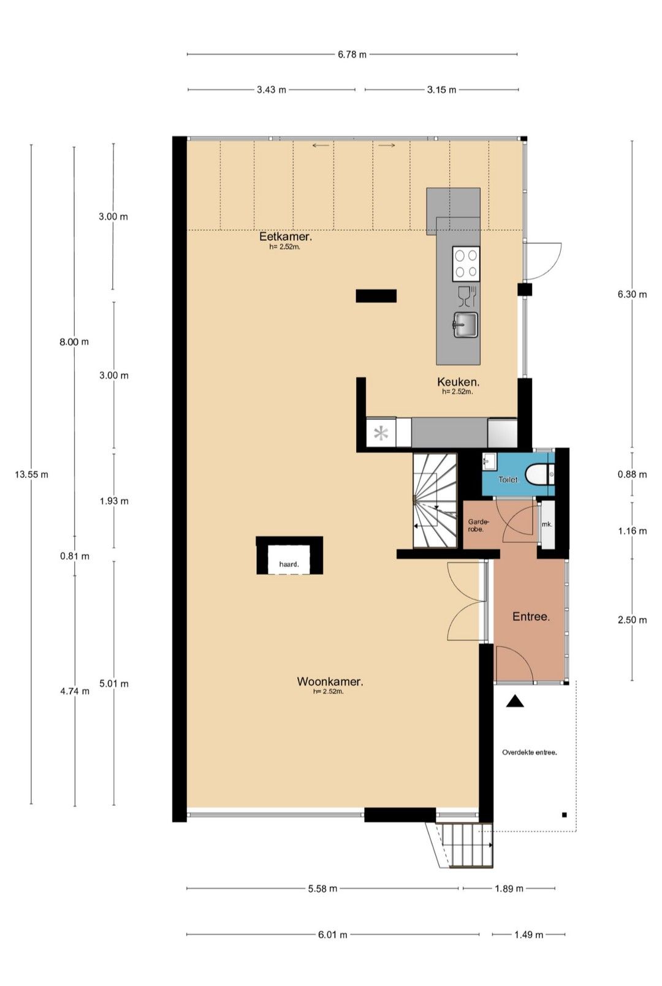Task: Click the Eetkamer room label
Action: [x=285, y=237]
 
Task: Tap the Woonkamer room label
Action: [x=330, y=682]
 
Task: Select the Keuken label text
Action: [x=458, y=382]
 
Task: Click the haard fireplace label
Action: [x=289, y=564]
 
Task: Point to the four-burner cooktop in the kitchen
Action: [x=466, y=264]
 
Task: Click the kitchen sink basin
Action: [x=465, y=325]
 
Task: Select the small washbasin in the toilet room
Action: [x=489, y=462]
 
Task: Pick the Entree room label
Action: [x=531, y=616]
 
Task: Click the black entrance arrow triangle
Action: [x=514, y=701]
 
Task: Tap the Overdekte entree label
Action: [x=530, y=753]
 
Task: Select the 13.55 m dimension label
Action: [x=31, y=474]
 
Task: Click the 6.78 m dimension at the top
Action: [x=352, y=55]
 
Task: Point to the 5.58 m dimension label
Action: [x=322, y=889]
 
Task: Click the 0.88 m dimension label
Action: [x=632, y=474]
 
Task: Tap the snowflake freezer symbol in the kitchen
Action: [x=381, y=434]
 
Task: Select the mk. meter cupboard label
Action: [x=547, y=524]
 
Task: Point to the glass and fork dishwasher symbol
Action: [x=468, y=296]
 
